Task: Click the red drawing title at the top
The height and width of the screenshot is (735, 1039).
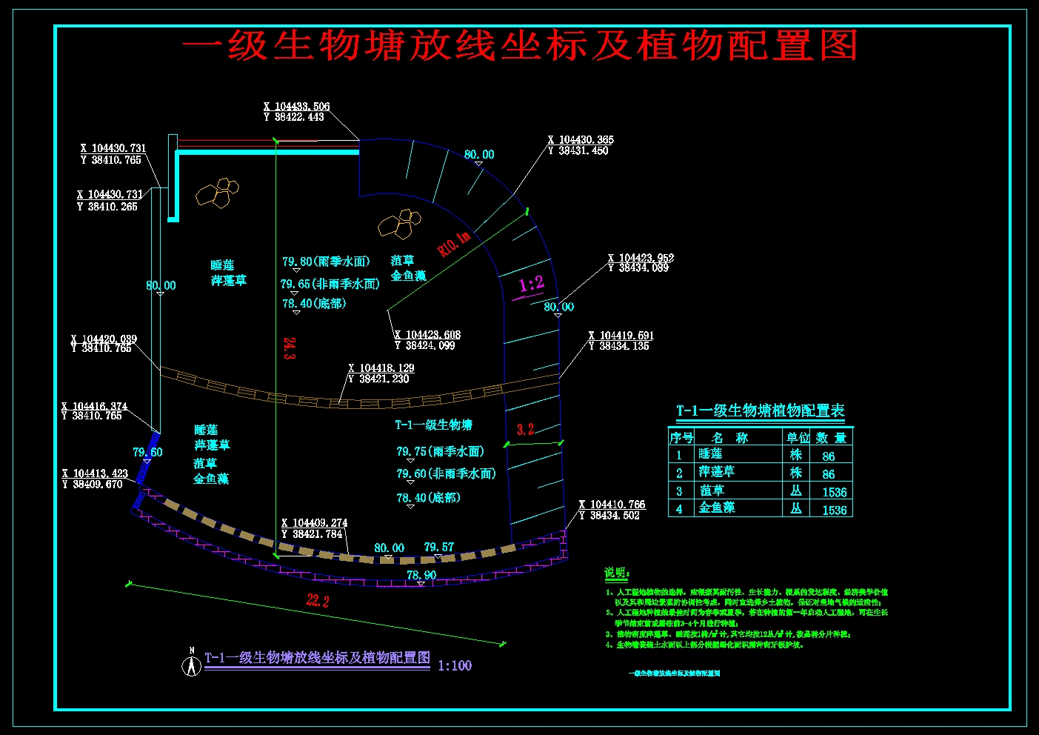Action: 520,46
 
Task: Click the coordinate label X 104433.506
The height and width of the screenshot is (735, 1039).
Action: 296,107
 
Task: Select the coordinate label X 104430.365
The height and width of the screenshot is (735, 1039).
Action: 581,140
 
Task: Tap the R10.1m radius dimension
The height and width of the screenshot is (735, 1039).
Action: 454,243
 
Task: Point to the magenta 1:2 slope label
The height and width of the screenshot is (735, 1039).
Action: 531,285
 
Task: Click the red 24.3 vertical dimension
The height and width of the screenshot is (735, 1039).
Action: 290,348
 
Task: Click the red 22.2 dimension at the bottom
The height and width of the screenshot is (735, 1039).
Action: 318,600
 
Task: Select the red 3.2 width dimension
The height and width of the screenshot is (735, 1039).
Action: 525,430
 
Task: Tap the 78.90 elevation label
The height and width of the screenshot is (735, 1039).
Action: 421,575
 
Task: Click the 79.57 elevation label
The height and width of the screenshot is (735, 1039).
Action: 438,548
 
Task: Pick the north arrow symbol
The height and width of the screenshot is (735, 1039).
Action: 191,664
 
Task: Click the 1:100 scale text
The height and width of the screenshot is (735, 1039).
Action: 455,665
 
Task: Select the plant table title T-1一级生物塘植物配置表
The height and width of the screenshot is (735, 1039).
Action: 760,411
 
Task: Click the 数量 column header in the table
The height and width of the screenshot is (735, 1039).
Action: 831,438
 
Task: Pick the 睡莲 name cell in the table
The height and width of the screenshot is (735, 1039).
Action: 710,454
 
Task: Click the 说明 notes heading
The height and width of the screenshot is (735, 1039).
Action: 616,573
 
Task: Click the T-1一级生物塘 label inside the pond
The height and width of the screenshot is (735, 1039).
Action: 433,425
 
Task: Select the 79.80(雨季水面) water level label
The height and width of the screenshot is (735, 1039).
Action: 326,262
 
